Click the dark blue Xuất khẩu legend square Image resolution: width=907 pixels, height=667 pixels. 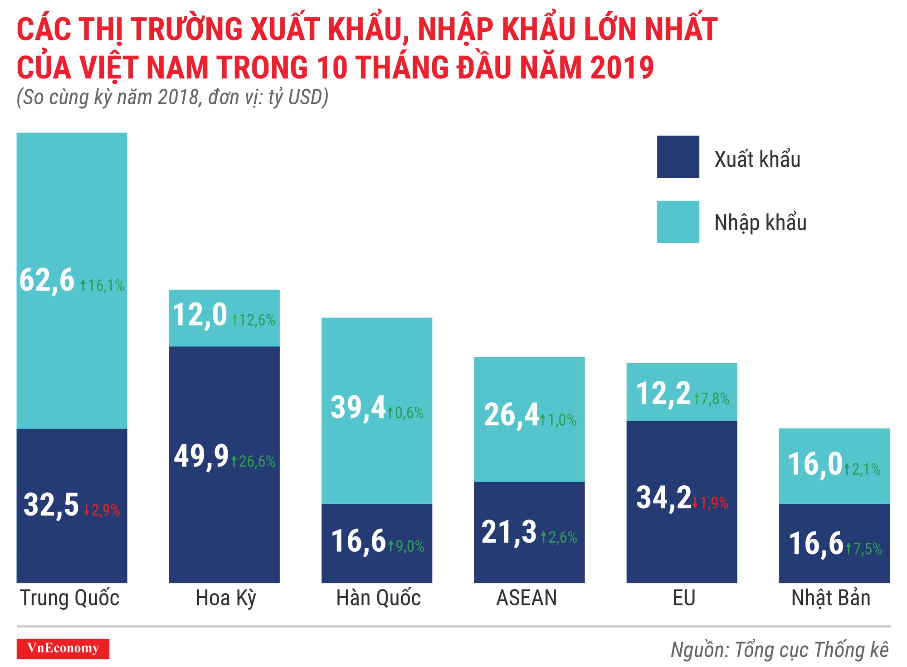[678, 156]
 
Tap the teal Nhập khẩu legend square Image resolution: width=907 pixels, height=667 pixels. [678, 222]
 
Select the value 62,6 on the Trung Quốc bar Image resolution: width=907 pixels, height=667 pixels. [47, 280]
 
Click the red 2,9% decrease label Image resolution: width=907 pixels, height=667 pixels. [102, 511]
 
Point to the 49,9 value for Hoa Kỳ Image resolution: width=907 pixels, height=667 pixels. [201, 456]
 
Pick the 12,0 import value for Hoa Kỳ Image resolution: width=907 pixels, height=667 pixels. [200, 315]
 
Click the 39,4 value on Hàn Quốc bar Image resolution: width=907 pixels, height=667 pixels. [358, 407]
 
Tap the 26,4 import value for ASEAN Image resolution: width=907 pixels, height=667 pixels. [511, 414]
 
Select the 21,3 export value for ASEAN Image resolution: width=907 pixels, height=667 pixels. [509, 532]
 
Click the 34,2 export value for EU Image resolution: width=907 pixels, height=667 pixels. [664, 497]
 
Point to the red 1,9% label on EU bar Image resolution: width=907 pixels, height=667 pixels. [711, 503]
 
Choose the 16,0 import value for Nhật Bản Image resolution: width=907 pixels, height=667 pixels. [815, 464]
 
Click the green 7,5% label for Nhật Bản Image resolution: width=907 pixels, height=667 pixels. [864, 549]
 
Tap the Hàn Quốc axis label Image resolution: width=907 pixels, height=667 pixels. [378, 598]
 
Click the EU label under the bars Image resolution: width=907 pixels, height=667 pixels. [684, 598]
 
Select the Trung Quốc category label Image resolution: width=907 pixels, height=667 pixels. [69, 598]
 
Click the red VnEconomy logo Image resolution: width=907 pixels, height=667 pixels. [63, 648]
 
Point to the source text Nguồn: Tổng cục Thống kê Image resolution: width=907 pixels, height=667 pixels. [780, 650]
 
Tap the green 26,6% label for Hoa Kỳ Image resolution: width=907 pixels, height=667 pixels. [254, 462]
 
